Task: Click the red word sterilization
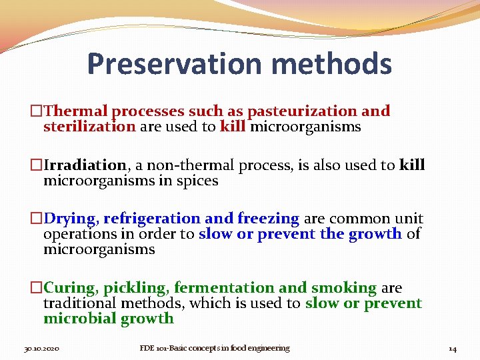tap(89, 127)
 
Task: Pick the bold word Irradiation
tap(85, 165)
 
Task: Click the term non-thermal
tap(187, 165)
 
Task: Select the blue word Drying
tap(71, 219)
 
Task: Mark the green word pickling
tap(136, 288)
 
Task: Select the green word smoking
tap(343, 288)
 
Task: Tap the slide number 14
tap(452, 349)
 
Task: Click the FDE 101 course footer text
tap(214, 348)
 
